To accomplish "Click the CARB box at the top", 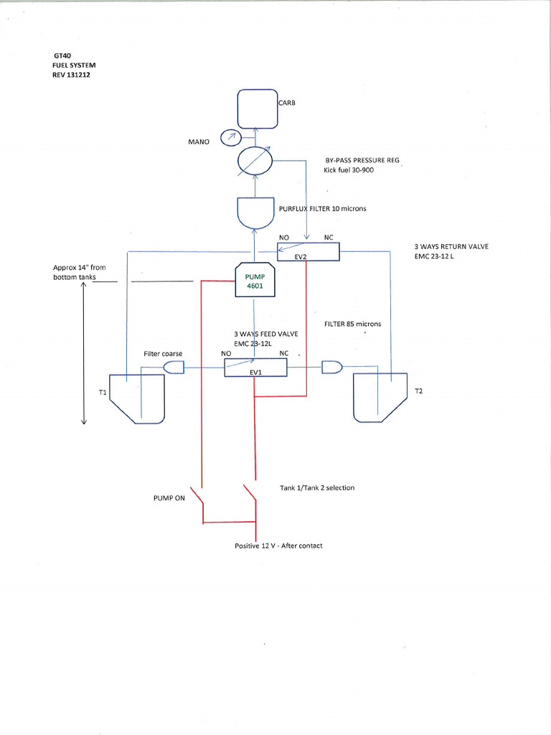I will click(257, 109).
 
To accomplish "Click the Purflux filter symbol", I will click(256, 210).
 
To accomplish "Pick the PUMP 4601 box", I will click(256, 280).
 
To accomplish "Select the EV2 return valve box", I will click(308, 251).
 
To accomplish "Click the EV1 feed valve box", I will click(255, 368).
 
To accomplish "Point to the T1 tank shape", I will click(137, 398).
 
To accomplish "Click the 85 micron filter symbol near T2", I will click(332, 367).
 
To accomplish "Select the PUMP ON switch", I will click(202, 495).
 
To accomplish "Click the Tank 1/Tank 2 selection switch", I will click(250, 495).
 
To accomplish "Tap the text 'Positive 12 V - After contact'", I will click(278, 546).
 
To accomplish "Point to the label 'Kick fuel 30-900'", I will click(349, 170).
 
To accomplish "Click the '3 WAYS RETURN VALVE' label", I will click(451, 246).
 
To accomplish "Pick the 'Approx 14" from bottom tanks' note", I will click(79, 272).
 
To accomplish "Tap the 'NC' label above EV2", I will click(329, 238).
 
